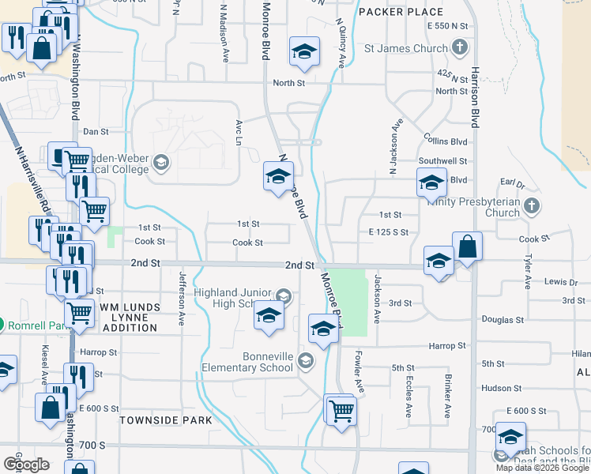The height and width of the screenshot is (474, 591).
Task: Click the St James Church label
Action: [x=405, y=48]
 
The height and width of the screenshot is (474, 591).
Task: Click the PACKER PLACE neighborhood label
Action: [x=401, y=12]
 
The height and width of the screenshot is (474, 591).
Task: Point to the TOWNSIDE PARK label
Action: [x=166, y=420]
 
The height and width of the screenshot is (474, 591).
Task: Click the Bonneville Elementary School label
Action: [x=246, y=362]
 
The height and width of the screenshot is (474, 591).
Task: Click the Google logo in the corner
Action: [x=27, y=465]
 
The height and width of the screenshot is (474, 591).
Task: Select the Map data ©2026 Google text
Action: [x=543, y=468]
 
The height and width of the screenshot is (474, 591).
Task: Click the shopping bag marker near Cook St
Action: [x=467, y=246]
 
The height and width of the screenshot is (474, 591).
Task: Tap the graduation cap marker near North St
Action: [x=304, y=52]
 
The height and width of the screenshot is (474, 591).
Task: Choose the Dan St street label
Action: [x=95, y=132]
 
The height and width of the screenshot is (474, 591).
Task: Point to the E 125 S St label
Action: [x=388, y=232]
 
